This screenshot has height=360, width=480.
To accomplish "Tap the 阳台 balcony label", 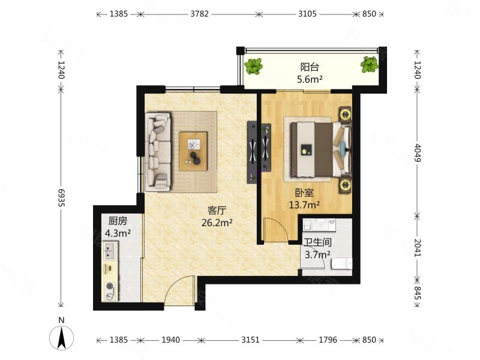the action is (x=310, y=67).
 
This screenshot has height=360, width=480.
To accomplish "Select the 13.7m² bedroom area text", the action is (x=305, y=205).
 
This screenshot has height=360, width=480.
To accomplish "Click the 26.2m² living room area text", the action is (x=217, y=223).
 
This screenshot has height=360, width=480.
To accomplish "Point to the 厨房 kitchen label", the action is (x=118, y=221).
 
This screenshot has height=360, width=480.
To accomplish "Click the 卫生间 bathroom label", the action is (x=317, y=242).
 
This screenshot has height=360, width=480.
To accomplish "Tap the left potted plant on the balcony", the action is (x=253, y=66).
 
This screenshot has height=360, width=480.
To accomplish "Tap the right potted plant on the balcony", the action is (x=370, y=65).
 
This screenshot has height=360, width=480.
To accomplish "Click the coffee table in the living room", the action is (x=193, y=151).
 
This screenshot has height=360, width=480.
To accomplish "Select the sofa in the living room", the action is (x=158, y=152).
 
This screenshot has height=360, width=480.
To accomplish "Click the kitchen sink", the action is (x=110, y=250).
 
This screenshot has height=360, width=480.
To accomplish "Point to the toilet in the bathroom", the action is (x=342, y=263).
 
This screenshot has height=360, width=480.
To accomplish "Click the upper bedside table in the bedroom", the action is (x=346, y=115).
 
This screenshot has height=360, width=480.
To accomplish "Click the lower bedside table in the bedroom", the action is (x=346, y=185).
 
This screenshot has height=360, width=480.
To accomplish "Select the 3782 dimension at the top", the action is (x=200, y=14).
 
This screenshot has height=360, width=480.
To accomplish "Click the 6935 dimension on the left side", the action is (x=62, y=197).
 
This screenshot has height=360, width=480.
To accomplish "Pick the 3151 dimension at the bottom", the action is (x=250, y=340).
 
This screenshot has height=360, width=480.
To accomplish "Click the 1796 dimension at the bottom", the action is (x=328, y=340).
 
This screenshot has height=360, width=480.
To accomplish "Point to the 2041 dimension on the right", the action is (x=418, y=248).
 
